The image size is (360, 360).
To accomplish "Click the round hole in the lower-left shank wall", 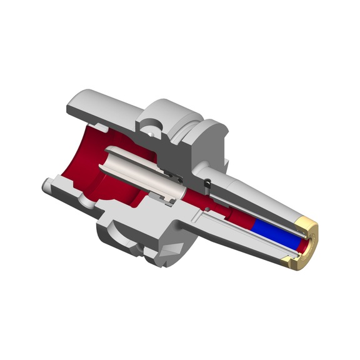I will [x=81, y=199].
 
